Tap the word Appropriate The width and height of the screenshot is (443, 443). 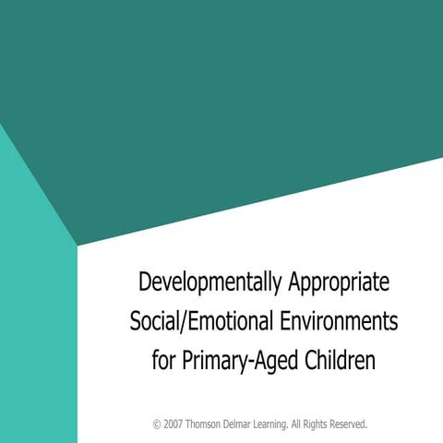pos(335,280)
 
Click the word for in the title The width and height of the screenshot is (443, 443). pos(163,359)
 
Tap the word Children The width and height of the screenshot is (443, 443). pos(339,359)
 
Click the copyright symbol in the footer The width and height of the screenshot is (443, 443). pos(157,425)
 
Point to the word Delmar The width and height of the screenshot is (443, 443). pos(249,425)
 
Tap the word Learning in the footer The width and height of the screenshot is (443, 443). pos(288,425)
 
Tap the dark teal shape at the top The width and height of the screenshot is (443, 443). pos(221,92)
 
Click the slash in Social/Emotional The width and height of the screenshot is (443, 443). pos(186,320)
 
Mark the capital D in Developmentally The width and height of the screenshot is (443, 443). pos(143,280)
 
